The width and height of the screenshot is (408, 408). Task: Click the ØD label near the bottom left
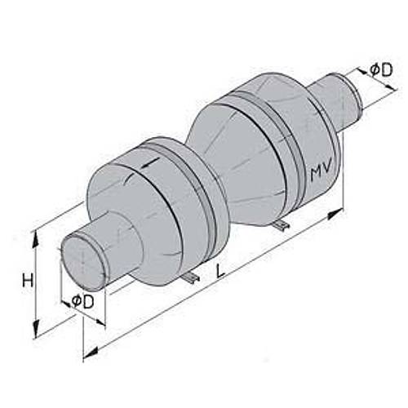click(x=82, y=301)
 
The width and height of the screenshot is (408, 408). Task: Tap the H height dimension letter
click(x=28, y=281)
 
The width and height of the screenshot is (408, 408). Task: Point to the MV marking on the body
click(x=320, y=172)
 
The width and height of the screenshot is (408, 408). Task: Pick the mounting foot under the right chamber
click(x=280, y=224)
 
